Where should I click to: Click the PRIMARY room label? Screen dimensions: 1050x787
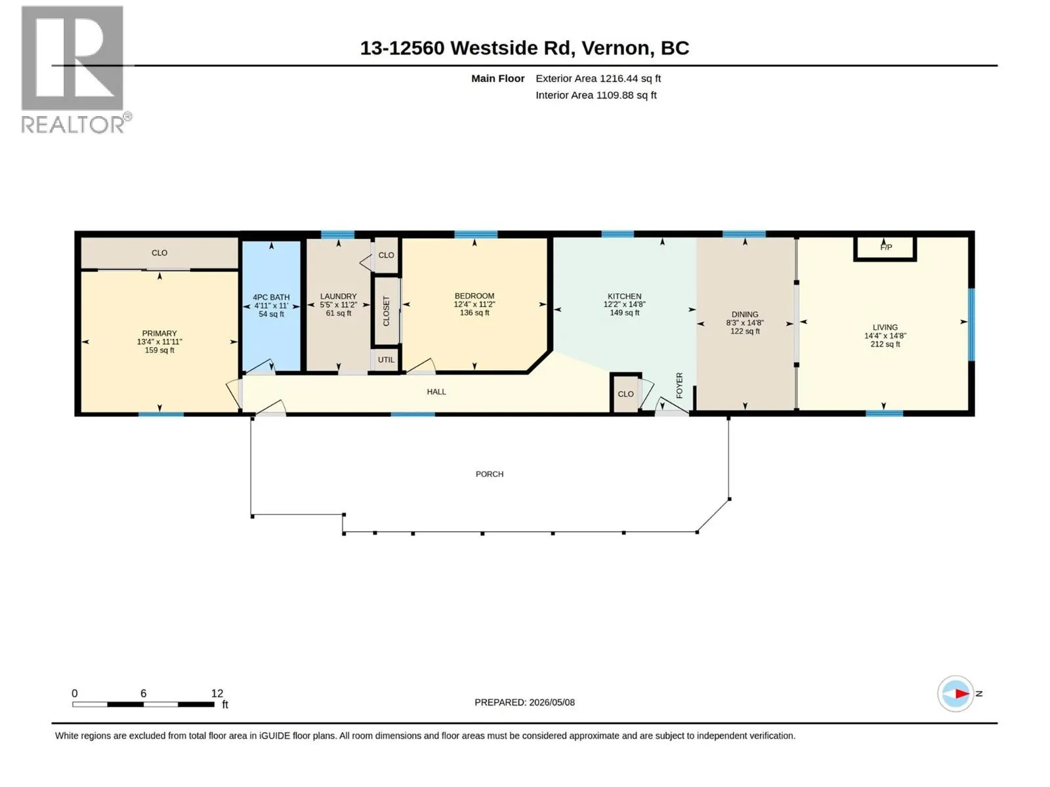[x=159, y=333]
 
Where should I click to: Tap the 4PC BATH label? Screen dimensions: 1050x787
[x=271, y=297]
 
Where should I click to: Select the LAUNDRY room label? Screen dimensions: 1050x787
[x=338, y=296]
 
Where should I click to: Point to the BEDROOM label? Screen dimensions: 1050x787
[x=474, y=296]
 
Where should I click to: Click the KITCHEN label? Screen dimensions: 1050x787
[x=624, y=296]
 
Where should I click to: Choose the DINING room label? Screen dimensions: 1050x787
[x=745, y=314]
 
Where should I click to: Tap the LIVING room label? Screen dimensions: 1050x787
[x=885, y=327]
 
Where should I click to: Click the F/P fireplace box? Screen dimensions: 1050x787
[x=885, y=249]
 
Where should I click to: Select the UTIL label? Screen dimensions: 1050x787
[x=386, y=360]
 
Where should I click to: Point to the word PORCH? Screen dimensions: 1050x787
[x=490, y=474]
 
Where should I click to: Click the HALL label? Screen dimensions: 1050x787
[x=436, y=392]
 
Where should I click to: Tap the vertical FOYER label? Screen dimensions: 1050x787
[x=679, y=385]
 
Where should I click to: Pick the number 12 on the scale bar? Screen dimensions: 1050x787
[x=217, y=693]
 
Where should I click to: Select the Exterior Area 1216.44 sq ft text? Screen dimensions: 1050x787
[x=598, y=78]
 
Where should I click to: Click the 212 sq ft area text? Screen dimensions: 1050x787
[x=885, y=344]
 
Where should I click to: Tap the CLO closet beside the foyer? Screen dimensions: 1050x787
[x=625, y=394]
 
